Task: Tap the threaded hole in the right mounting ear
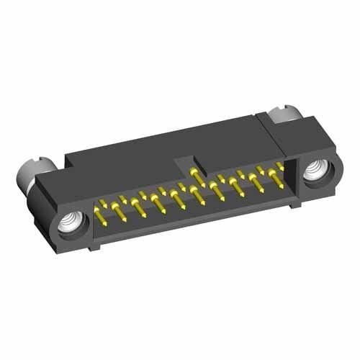click(315, 174)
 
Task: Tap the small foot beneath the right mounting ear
click(295, 204)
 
